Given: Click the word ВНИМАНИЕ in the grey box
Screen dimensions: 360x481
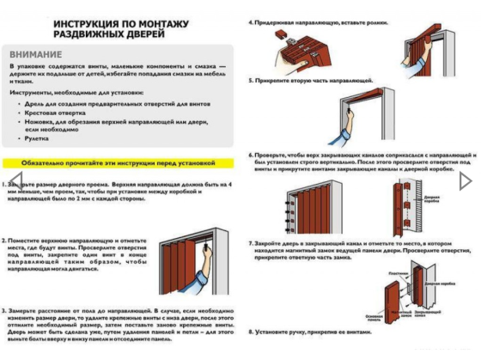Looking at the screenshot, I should [36, 53].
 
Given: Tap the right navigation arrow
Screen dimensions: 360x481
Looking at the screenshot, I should [466, 181].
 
